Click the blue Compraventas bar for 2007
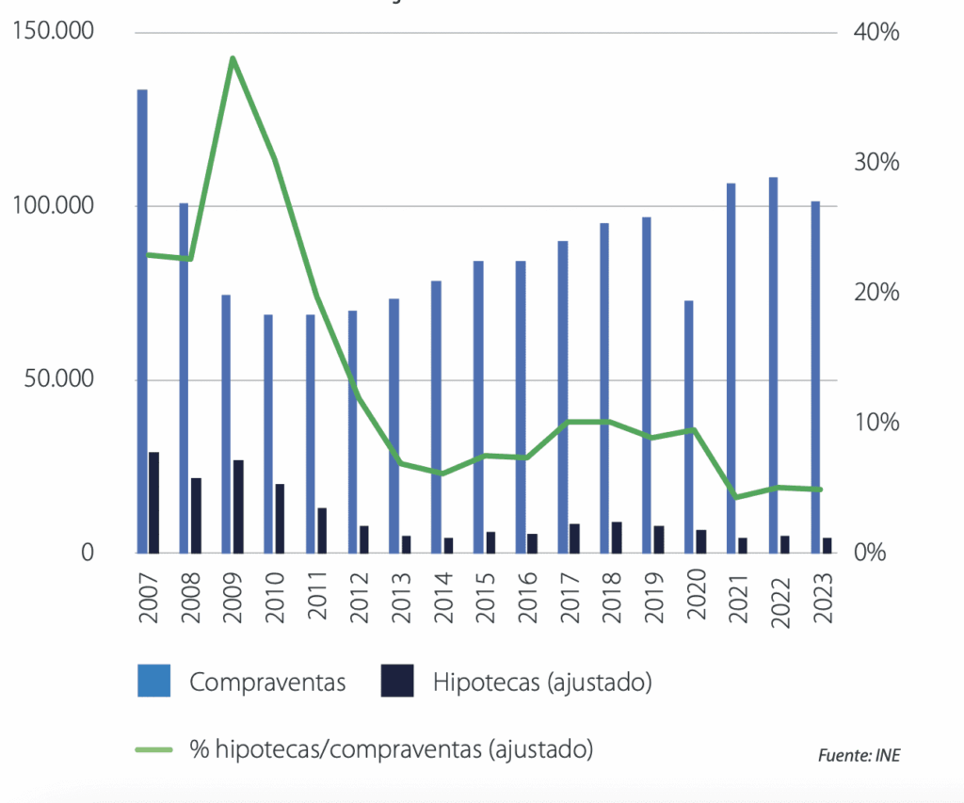[x=142, y=320]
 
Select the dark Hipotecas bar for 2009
[x=238, y=506]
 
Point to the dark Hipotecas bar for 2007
[x=153, y=503]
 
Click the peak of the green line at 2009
[x=233, y=58]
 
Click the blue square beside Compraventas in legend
[x=153, y=681]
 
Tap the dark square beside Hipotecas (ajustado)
[x=397, y=681]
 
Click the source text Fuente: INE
[x=853, y=756]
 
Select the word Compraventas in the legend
[x=267, y=682]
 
